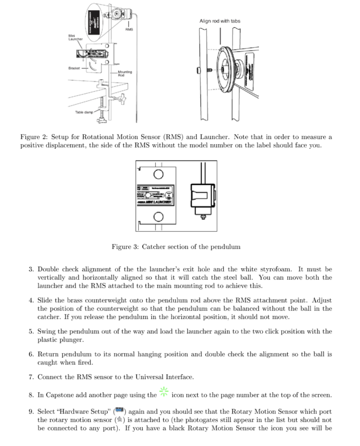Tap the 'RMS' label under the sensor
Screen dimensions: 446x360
tap(129, 29)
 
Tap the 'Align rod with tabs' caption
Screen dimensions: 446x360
tap(220, 21)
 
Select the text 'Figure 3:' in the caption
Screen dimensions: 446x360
tap(125, 247)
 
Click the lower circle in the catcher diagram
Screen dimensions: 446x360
tap(159, 217)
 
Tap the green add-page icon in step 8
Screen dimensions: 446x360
tap(164, 391)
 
